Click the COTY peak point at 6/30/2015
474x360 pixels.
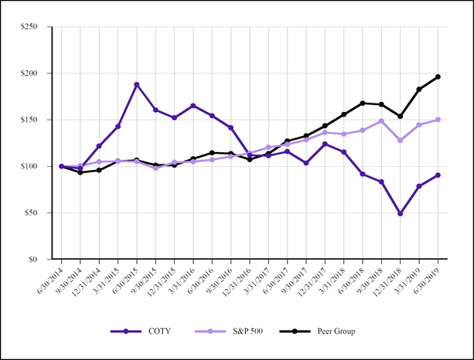(x=137, y=84)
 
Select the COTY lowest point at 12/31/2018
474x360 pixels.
(x=401, y=213)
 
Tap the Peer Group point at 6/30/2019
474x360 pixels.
(x=438, y=76)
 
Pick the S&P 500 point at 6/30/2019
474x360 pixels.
(x=438, y=120)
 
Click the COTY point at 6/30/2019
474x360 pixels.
(x=438, y=175)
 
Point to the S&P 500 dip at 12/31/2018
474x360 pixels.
(x=401, y=141)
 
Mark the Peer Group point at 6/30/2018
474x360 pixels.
(x=363, y=103)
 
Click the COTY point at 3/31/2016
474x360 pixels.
(x=193, y=106)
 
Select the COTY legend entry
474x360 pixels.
(x=142, y=331)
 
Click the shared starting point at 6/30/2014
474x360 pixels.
(x=62, y=166)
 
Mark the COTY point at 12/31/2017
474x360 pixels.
(x=326, y=144)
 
